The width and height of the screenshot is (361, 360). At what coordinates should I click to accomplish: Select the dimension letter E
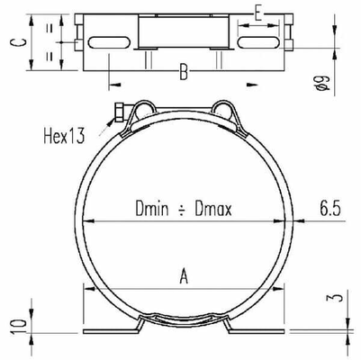258,13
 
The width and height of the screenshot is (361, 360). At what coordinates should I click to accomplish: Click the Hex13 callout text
64,136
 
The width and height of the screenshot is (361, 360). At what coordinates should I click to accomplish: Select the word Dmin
154,209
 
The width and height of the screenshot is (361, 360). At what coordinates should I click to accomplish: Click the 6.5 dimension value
329,209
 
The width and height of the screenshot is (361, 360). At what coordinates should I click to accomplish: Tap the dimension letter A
184,277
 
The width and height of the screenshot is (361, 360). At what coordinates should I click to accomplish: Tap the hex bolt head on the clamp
118,113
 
